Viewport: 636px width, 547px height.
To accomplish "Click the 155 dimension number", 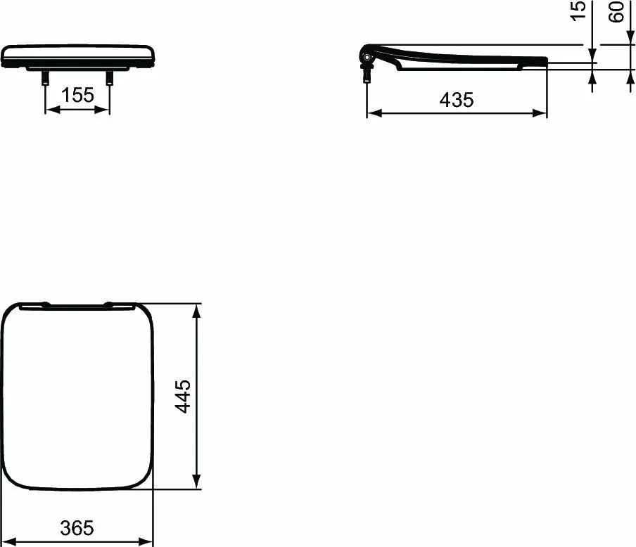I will coord(77,95).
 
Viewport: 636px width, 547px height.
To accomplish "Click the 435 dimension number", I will coord(457,100).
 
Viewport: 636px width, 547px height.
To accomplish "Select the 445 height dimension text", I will coord(183,396).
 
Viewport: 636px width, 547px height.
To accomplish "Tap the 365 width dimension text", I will coord(77,528).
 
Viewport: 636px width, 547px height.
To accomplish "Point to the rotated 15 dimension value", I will coord(578,12).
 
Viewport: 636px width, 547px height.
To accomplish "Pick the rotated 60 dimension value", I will coord(617,12).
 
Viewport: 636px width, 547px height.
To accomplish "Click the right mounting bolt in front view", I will coord(109,77).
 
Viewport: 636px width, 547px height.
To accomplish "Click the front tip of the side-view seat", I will coord(545,60).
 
